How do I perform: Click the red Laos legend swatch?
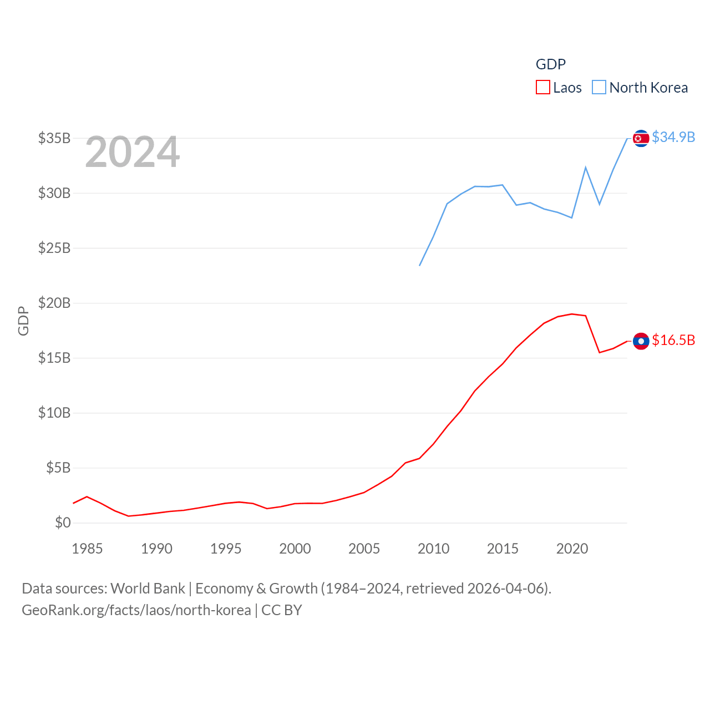[542, 88]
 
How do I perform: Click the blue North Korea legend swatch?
[599, 88]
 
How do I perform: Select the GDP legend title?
[550, 64]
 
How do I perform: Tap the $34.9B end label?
[673, 137]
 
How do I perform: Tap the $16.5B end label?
[673, 340]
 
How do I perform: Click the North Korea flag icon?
[641, 138]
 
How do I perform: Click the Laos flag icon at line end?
[641, 341]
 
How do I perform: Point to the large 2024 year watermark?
[132, 152]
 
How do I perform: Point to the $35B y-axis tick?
[54, 138]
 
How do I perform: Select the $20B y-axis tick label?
[54, 303]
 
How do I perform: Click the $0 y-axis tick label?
[63, 523]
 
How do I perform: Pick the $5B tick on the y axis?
[58, 468]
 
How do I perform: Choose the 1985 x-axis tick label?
[87, 549]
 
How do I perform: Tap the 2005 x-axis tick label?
[364, 549]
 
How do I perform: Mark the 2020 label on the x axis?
[572, 549]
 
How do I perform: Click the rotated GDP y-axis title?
[23, 321]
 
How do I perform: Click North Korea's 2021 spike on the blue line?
[586, 168]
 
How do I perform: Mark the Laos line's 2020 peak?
[572, 314]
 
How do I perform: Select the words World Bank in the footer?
[148, 588]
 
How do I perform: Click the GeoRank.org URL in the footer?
[136, 610]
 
